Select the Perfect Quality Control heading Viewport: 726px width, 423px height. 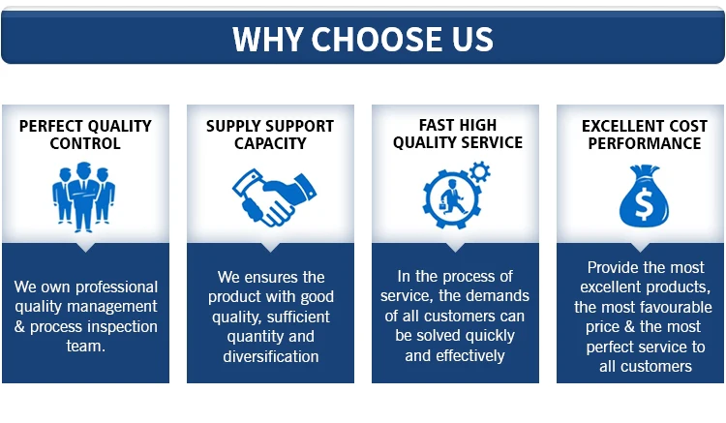[85, 135]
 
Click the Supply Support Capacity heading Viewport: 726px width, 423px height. [270, 135]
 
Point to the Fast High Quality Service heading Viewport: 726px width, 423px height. [458, 134]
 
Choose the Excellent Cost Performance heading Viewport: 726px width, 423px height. [645, 135]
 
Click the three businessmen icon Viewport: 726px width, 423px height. [84, 196]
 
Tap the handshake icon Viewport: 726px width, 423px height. [274, 197]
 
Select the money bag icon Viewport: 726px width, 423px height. [644, 196]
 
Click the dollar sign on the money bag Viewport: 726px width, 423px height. [644, 204]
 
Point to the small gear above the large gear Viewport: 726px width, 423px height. [480, 171]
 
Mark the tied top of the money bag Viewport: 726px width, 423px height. [644, 172]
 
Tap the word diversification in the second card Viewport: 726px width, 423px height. [271, 356]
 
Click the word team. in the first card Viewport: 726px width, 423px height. [85, 347]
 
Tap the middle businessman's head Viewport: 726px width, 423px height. [84, 169]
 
